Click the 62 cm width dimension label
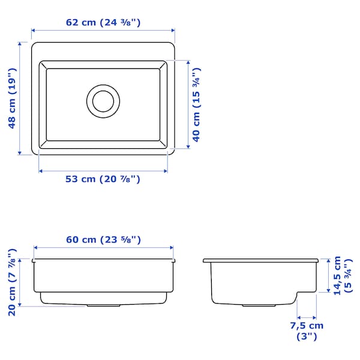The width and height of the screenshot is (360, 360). pyautogui.click(x=103, y=23)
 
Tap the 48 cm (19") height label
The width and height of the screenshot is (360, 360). pyautogui.click(x=13, y=98)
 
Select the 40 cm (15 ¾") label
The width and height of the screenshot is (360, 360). pyautogui.click(x=196, y=104)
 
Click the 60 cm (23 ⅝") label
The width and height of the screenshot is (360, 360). pyautogui.click(x=103, y=239)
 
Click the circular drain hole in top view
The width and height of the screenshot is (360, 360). pyautogui.click(x=103, y=100)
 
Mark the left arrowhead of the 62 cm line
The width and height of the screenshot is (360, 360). pyautogui.click(x=34, y=30)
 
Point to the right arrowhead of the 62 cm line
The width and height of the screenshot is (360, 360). pyautogui.click(x=172, y=30)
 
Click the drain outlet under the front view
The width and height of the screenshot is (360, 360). pyautogui.click(x=103, y=305)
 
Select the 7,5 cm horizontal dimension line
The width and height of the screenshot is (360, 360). pyautogui.click(x=307, y=317)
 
